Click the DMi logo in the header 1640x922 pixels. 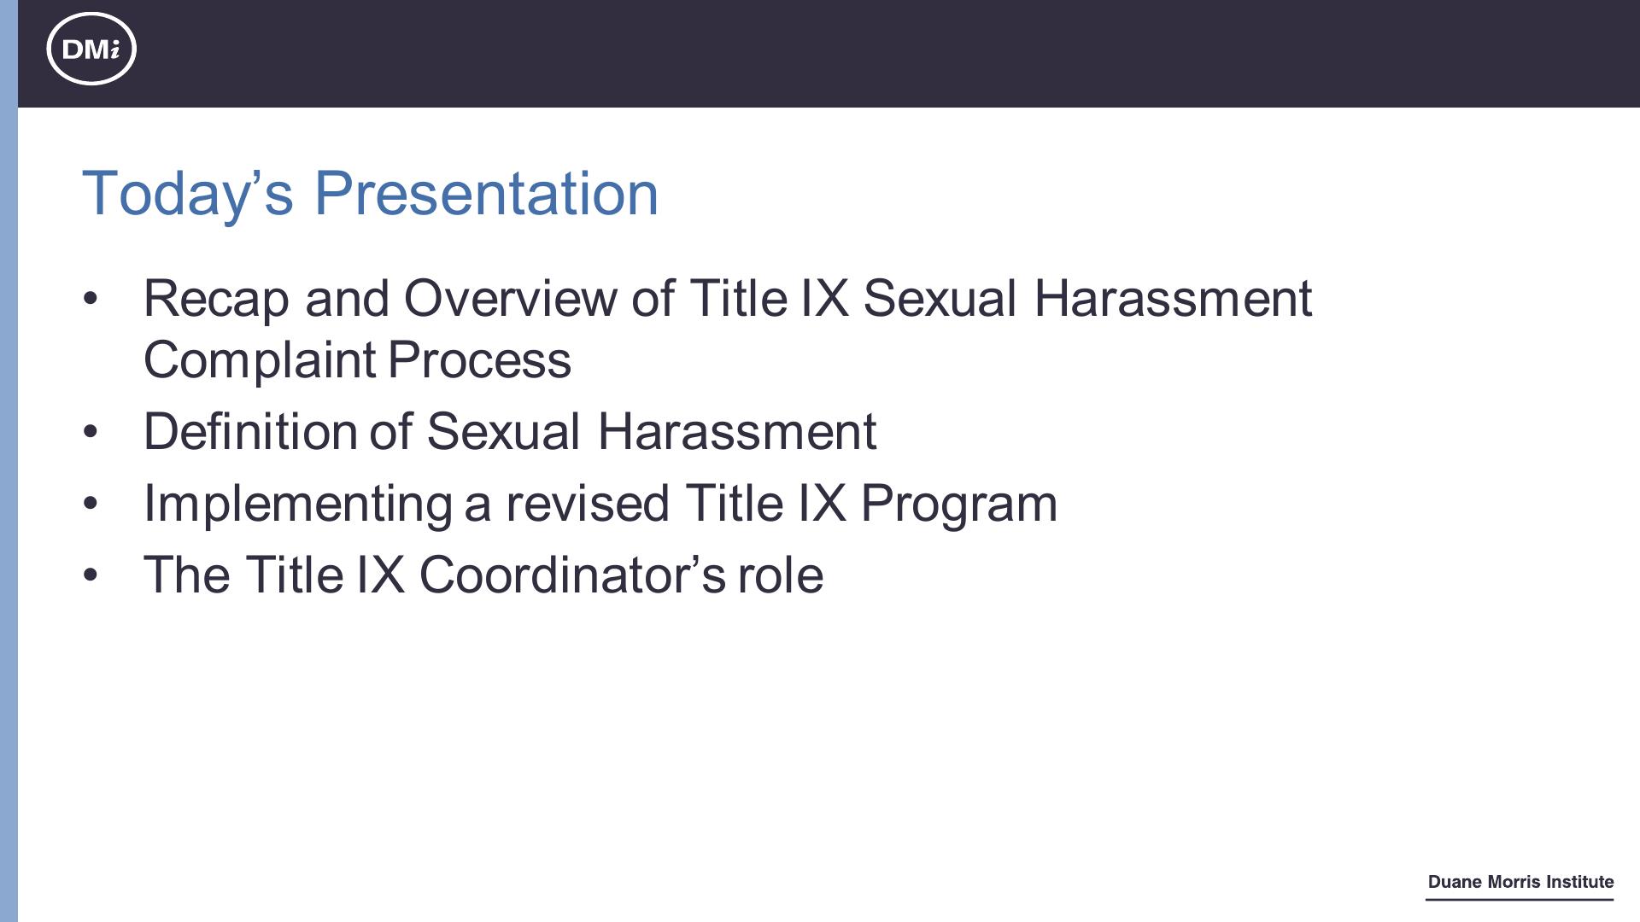[91, 49]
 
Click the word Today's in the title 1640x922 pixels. [188, 194]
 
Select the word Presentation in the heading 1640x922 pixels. [487, 193]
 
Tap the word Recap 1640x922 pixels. [216, 300]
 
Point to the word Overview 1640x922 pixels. [510, 298]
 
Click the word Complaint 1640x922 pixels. [260, 360]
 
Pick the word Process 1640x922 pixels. [479, 360]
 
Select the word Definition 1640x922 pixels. [250, 431]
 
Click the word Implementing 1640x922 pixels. [298, 504]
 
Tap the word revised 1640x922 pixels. [588, 503]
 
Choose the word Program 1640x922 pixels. [959, 504]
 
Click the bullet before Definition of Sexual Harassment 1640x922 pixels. [91, 432]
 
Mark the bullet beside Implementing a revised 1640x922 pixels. [91, 504]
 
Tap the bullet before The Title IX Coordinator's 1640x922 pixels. [91, 575]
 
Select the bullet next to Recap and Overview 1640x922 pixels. [91, 299]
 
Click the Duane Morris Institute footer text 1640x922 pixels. [1520, 882]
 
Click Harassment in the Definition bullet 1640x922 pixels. [737, 431]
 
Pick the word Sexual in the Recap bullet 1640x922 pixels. [940, 298]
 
